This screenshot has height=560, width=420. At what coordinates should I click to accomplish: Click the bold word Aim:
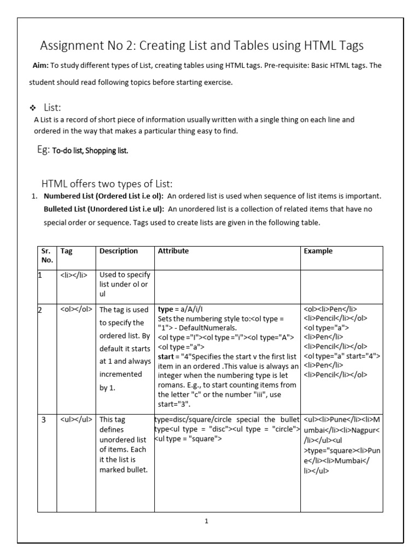click(40, 66)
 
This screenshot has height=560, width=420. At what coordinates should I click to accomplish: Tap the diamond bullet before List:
click(37, 108)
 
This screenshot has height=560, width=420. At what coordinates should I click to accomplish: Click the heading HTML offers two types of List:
click(107, 184)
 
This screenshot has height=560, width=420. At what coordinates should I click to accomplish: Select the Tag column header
click(66, 251)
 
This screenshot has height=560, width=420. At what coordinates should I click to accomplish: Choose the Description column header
click(119, 251)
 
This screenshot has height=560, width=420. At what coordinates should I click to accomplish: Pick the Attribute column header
click(173, 251)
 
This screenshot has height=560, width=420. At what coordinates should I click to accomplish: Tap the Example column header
click(318, 251)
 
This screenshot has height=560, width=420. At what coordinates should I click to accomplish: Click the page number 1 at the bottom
click(206, 521)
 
